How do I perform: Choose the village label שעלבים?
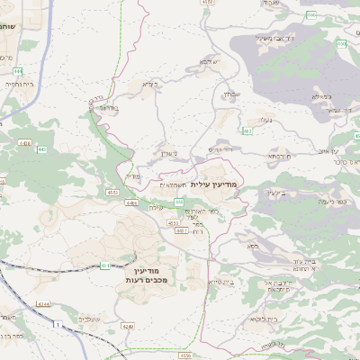88,319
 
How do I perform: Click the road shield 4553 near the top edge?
209,3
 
